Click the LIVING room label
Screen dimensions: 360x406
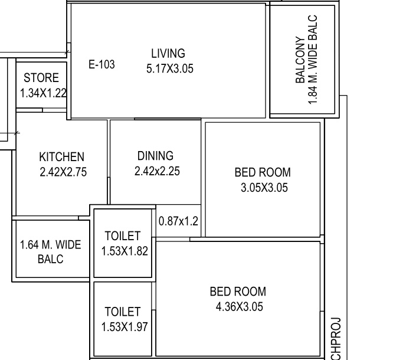[168, 54]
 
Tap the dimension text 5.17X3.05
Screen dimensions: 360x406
[169, 68]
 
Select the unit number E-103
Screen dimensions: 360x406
[102, 64]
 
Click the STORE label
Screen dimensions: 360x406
[41, 78]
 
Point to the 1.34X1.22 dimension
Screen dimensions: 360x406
[43, 93]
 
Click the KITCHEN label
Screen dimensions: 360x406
[61, 157]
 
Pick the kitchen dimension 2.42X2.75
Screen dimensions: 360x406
[63, 172]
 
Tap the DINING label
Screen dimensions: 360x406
[155, 156]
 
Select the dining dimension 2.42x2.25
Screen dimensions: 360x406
[157, 172]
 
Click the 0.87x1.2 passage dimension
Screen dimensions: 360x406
[178, 222]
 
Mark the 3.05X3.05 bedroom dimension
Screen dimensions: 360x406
[263, 188]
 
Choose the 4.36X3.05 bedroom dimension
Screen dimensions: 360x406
[238, 307]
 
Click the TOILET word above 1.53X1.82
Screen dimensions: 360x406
[122, 236]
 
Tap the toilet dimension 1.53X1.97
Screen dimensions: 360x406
[123, 326]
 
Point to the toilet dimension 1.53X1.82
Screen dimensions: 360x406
[124, 251]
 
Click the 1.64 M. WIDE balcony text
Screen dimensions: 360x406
[50, 245]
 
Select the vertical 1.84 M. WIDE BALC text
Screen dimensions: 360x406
[313, 60]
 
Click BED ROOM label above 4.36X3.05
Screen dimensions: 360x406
[238, 292]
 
